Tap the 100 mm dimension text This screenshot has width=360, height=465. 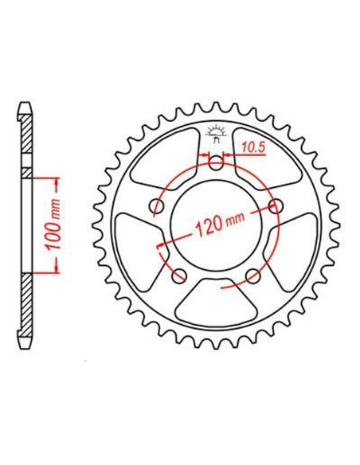point(54,224)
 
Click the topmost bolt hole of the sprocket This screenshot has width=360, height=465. point(217,164)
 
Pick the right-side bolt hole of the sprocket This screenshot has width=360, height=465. point(276,207)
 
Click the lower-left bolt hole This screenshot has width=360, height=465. point(180,275)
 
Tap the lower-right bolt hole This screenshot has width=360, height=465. point(254,275)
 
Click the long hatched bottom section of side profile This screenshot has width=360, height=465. point(27,307)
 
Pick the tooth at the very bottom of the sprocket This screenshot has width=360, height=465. point(217,342)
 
